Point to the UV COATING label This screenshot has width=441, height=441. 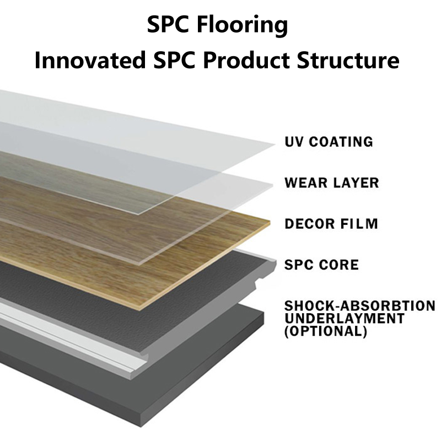pos(329,142)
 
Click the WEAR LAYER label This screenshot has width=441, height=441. pos(332,182)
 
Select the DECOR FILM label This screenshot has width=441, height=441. pos(331,224)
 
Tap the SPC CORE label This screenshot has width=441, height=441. pos(321,265)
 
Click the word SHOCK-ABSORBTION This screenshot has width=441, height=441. pos(360,306)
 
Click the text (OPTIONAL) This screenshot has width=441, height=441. pos(326,331)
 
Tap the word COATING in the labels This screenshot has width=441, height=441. pos(340,142)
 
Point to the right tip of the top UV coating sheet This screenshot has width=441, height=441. pos(273,144)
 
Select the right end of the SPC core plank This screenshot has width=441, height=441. pos(273,262)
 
